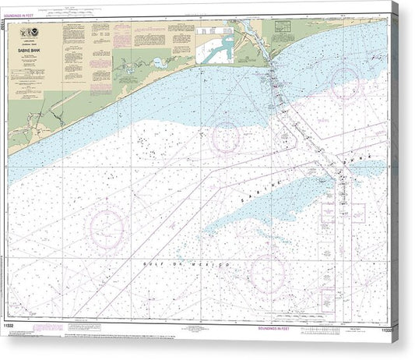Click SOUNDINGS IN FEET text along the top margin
click(27, 15)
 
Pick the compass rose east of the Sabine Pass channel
click(344, 84)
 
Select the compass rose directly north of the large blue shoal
click(226, 137)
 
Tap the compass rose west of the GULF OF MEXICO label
click(107, 226)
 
